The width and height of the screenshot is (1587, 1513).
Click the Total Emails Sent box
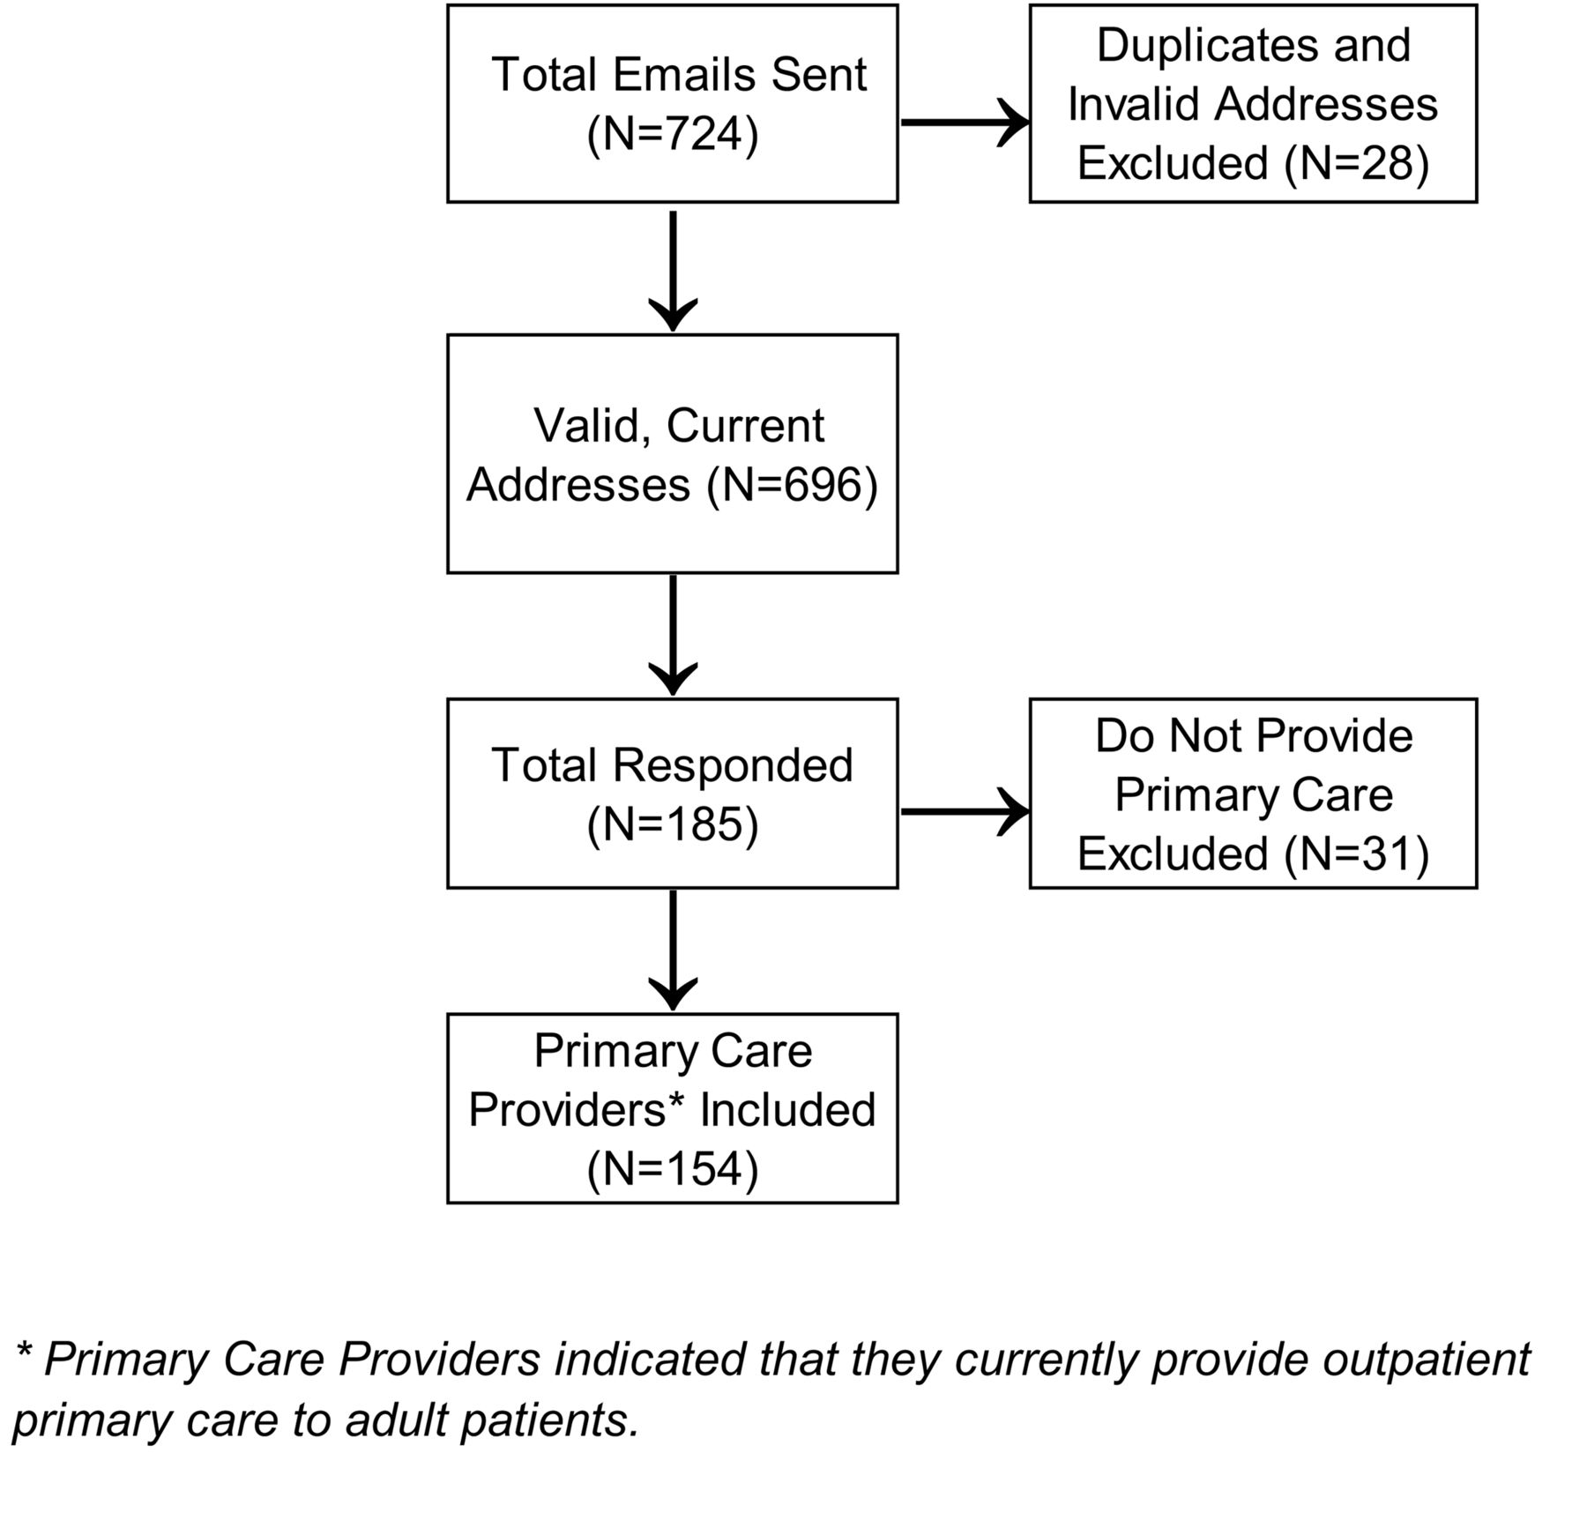(x=672, y=103)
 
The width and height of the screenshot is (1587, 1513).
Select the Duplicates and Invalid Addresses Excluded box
(x=1253, y=103)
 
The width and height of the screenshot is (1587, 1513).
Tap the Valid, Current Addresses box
(x=672, y=453)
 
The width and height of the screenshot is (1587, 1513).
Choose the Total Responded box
(x=672, y=794)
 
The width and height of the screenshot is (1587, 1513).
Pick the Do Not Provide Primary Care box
(x=1253, y=794)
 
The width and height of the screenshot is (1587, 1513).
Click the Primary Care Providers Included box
(x=672, y=1108)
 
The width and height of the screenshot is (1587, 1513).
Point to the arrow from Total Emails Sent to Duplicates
(x=965, y=123)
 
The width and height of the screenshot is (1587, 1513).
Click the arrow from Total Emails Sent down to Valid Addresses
(x=673, y=271)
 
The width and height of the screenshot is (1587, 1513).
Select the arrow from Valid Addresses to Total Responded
(x=673, y=636)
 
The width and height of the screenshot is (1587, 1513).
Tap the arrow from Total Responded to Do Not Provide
(x=965, y=811)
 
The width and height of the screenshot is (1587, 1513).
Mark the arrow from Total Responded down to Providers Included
(x=673, y=950)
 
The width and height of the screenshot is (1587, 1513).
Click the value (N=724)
(x=673, y=134)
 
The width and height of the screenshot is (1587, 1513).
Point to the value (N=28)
(x=1357, y=163)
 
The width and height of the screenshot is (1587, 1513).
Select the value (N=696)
(x=793, y=484)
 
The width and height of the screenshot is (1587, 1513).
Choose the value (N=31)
(x=1357, y=853)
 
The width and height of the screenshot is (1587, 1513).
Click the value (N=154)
(x=673, y=1169)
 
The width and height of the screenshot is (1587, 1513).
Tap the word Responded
(x=734, y=765)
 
